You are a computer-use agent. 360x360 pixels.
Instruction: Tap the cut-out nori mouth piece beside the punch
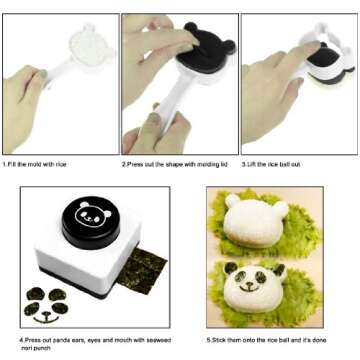tap(44, 320)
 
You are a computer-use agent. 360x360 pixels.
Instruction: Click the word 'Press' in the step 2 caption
tap(138, 162)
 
